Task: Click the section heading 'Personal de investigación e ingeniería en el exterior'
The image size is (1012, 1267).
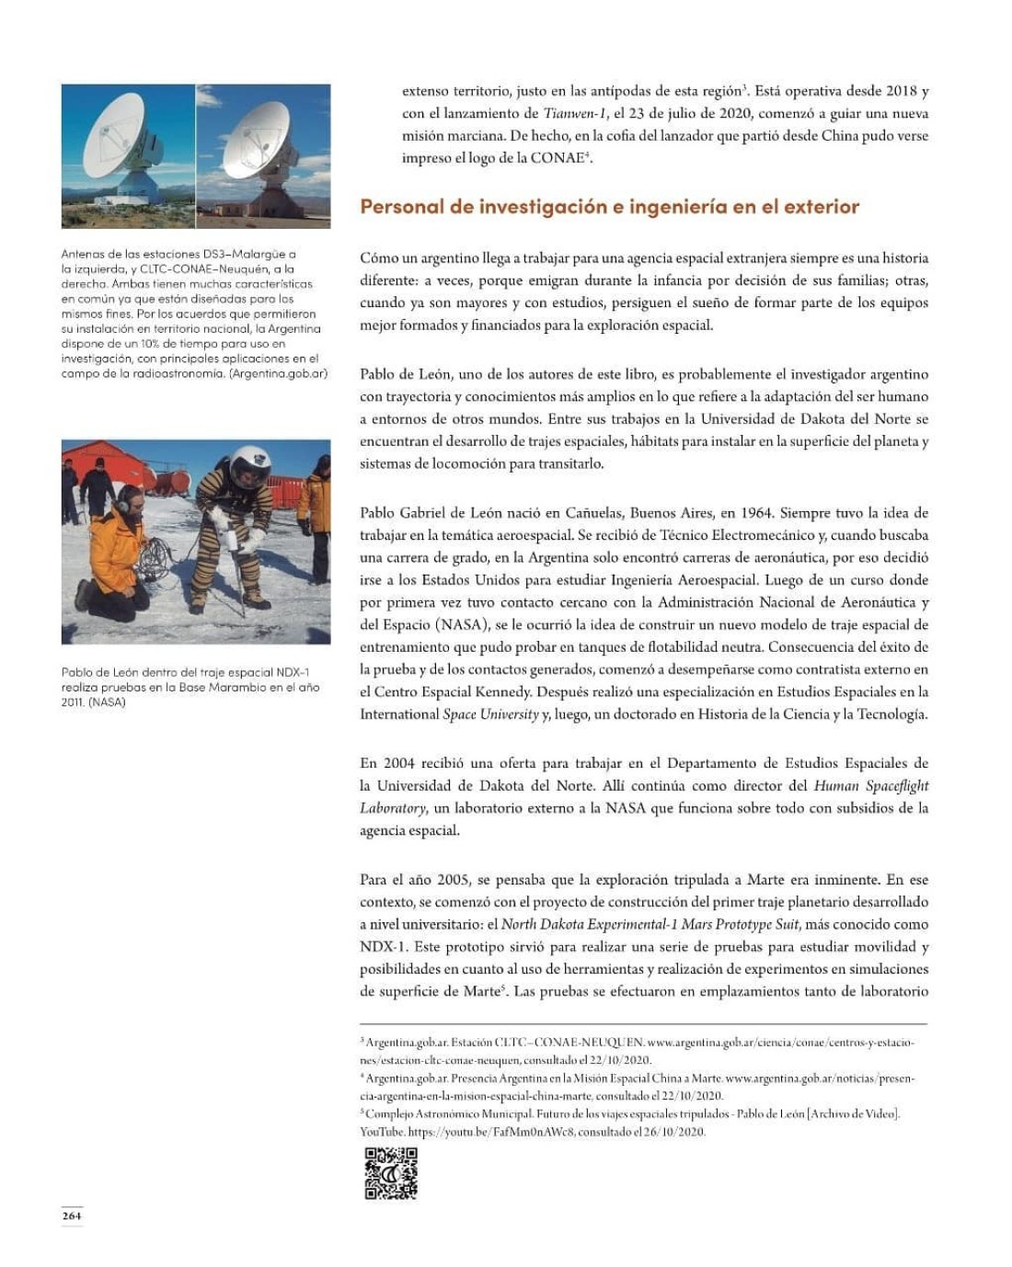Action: coord(609,206)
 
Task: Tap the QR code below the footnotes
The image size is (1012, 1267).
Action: coord(391,1173)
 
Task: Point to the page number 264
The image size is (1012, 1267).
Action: coord(72,1216)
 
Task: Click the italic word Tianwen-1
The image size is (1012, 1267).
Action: coord(575,113)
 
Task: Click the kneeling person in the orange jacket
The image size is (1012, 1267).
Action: coord(115,556)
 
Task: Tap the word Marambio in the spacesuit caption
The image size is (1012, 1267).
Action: coord(249,687)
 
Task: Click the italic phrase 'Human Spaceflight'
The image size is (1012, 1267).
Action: coord(871,786)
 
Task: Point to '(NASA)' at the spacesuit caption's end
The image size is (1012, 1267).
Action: coord(108,702)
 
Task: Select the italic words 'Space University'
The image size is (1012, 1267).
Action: coord(490,714)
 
